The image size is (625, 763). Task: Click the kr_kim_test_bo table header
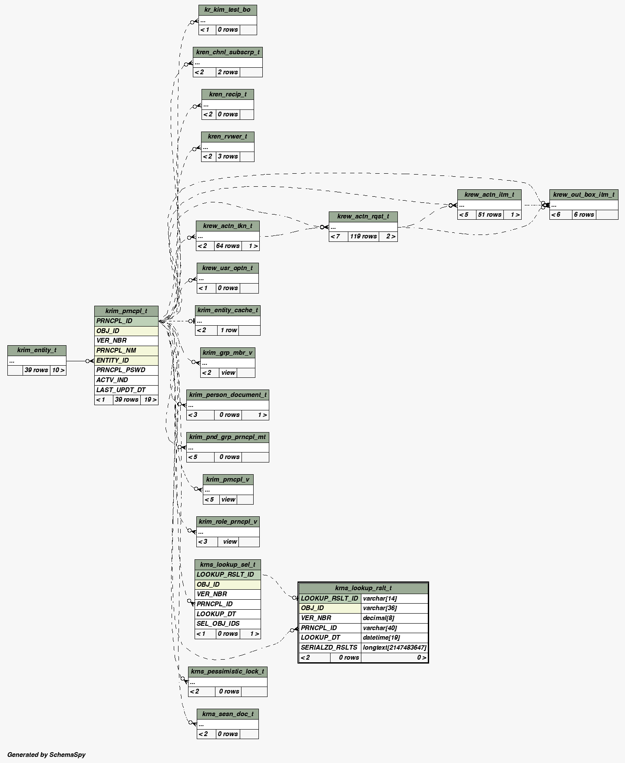click(x=228, y=10)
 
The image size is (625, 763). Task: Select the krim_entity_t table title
click(x=37, y=350)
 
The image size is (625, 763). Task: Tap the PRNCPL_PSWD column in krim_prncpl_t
click(x=121, y=370)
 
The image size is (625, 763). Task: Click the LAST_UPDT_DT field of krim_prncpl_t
click(x=121, y=390)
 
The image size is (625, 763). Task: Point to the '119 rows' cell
click(x=363, y=237)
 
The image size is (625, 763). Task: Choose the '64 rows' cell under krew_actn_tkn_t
click(x=228, y=246)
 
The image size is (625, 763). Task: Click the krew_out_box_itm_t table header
click(x=583, y=195)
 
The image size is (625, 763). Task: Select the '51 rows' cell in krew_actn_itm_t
click(x=489, y=215)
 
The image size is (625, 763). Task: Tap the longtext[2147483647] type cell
click(x=394, y=647)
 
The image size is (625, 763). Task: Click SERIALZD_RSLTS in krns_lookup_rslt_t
click(x=329, y=647)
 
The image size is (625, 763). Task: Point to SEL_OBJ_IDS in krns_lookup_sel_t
click(x=218, y=624)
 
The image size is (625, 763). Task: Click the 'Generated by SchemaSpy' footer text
click(x=46, y=755)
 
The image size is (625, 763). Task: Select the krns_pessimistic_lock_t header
click(x=228, y=672)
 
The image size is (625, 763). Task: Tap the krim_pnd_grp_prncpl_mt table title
click(x=228, y=437)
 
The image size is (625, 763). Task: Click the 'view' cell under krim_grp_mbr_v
click(x=228, y=373)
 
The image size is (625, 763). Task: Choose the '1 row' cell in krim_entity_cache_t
click(x=228, y=330)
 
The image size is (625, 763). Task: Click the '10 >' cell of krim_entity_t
click(x=58, y=370)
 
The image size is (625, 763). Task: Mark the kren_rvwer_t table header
click(x=228, y=137)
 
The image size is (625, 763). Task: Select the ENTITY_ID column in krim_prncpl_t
click(x=112, y=360)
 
